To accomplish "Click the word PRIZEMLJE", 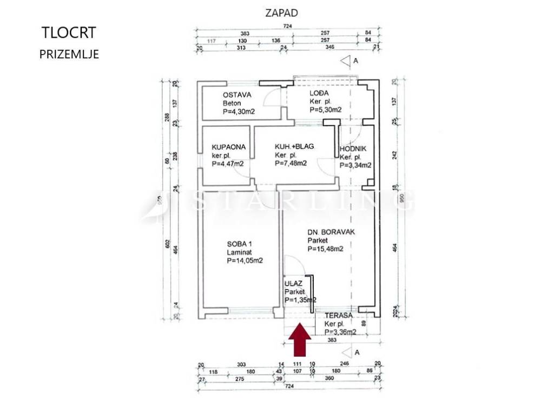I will coord(69,55).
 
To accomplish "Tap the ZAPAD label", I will coord(281,12).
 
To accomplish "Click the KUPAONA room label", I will coord(229,147).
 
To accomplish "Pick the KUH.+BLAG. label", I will coord(294,147).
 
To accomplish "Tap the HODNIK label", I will coord(354,149).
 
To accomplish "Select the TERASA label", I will coord(339,316).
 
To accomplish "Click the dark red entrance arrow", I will coord(300,339).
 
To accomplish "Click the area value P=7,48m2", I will coord(291,164).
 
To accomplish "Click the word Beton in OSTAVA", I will coord(232,103).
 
